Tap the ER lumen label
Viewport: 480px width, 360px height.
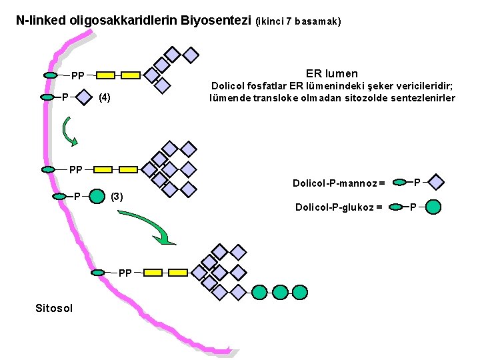[x=331, y=73]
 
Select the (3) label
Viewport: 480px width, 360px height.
[x=116, y=197]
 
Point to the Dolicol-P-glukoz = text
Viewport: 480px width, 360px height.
[x=338, y=207]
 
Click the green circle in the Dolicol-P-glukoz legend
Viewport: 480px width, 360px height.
[x=433, y=207]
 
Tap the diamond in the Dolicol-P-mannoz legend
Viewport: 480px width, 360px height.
[x=435, y=182]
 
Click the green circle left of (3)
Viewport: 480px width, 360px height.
[x=96, y=197]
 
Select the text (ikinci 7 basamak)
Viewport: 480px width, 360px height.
[x=298, y=21]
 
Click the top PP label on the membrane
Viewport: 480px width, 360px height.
[x=78, y=76]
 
